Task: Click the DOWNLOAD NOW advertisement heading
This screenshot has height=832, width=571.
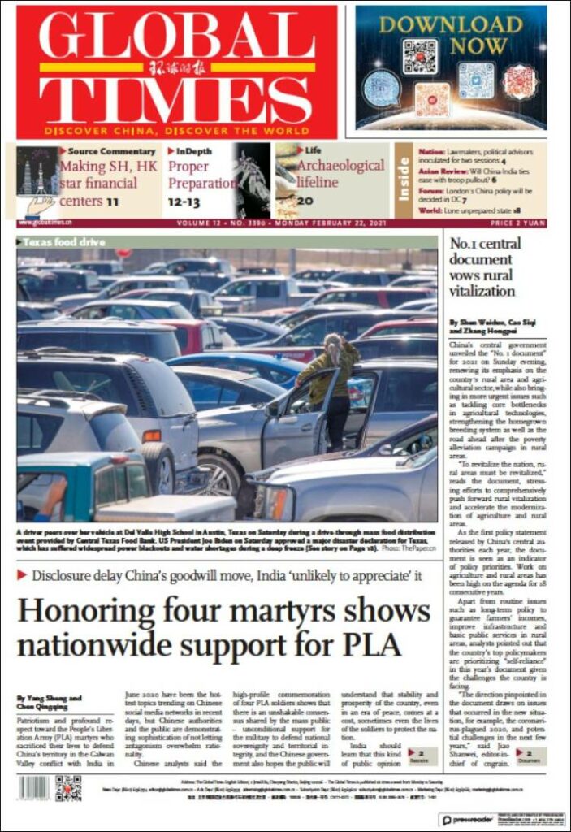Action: click(451, 34)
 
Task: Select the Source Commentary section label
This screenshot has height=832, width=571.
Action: click(111, 151)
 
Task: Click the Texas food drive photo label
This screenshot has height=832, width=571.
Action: click(54, 242)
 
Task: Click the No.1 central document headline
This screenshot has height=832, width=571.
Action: click(485, 266)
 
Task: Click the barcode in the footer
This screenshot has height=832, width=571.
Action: click(34, 787)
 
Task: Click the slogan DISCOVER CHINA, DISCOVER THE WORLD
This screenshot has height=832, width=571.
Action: click(176, 130)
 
